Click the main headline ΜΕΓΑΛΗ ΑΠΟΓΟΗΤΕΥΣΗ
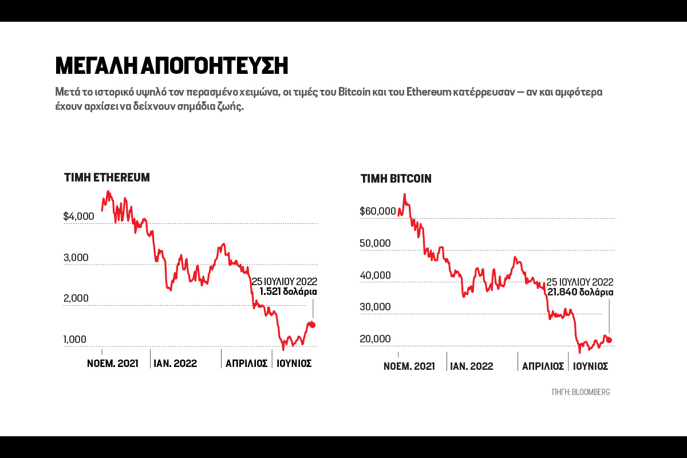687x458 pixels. tap(171, 66)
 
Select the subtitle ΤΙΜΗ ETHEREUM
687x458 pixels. tap(107, 177)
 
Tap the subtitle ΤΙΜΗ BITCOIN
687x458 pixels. tap(396, 179)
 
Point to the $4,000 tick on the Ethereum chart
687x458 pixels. tap(79, 216)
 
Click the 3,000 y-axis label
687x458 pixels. tap(76, 258)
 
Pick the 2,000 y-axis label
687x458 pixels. tap(76, 298)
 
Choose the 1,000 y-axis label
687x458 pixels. tap(76, 339)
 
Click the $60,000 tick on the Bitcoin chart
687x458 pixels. tap(378, 211)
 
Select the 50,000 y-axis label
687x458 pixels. tap(375, 243)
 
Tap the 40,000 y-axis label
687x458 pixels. tap(375, 275)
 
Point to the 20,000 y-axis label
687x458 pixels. tap(375, 339)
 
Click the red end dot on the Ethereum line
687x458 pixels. tap(313, 325)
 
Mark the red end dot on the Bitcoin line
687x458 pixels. tap(609, 340)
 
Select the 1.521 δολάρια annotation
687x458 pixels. tap(288, 291)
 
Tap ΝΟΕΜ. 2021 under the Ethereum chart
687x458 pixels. tap(113, 364)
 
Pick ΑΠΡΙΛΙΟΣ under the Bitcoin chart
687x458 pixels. tap(543, 366)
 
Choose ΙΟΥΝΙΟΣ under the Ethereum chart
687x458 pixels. tap(294, 364)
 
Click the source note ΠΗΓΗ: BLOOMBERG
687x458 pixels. tap(581, 392)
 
